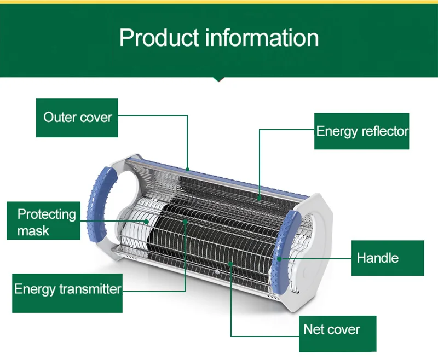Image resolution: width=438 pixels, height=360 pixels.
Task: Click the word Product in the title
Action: (158, 38)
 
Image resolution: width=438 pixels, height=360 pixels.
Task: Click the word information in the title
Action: (262, 38)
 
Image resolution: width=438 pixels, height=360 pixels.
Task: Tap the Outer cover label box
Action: (77, 118)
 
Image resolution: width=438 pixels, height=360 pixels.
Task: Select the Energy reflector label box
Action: (362, 131)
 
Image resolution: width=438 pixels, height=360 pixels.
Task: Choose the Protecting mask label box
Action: (44, 221)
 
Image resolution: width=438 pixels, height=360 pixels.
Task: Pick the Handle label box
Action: (387, 258)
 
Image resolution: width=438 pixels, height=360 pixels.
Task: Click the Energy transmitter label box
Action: (67, 289)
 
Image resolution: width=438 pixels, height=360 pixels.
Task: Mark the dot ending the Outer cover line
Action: (187, 169)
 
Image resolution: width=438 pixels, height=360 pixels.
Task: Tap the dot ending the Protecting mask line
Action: (147, 222)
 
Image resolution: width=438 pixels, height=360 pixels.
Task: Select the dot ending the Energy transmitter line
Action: (186, 222)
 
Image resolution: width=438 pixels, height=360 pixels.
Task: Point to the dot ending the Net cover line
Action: (231, 264)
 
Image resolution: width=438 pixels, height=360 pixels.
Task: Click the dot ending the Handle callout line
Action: (280, 258)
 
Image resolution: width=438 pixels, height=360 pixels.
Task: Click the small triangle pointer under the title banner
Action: (219, 79)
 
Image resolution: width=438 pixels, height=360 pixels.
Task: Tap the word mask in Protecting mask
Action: (33, 230)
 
